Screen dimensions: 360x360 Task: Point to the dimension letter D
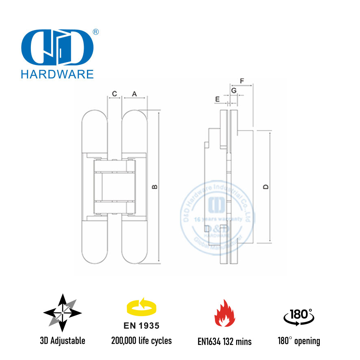(266, 187)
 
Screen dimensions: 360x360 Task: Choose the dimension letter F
(242, 81)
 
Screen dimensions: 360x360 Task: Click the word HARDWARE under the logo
(56, 74)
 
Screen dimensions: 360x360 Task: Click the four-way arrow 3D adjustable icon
(63, 313)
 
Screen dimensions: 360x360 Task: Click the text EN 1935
(141, 326)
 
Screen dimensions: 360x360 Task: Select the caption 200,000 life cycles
(141, 341)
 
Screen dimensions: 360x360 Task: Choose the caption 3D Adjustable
(63, 341)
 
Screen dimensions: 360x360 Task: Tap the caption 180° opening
(301, 341)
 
